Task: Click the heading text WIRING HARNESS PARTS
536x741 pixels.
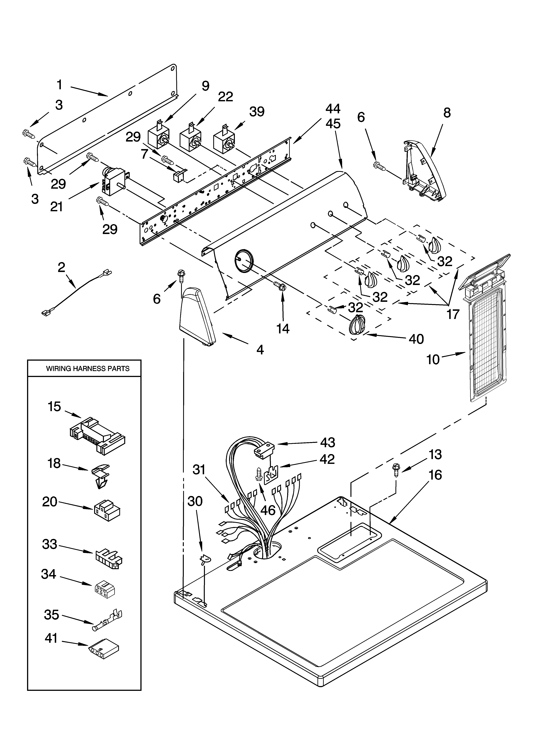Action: coord(87,368)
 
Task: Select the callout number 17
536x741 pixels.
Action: coord(453,314)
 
